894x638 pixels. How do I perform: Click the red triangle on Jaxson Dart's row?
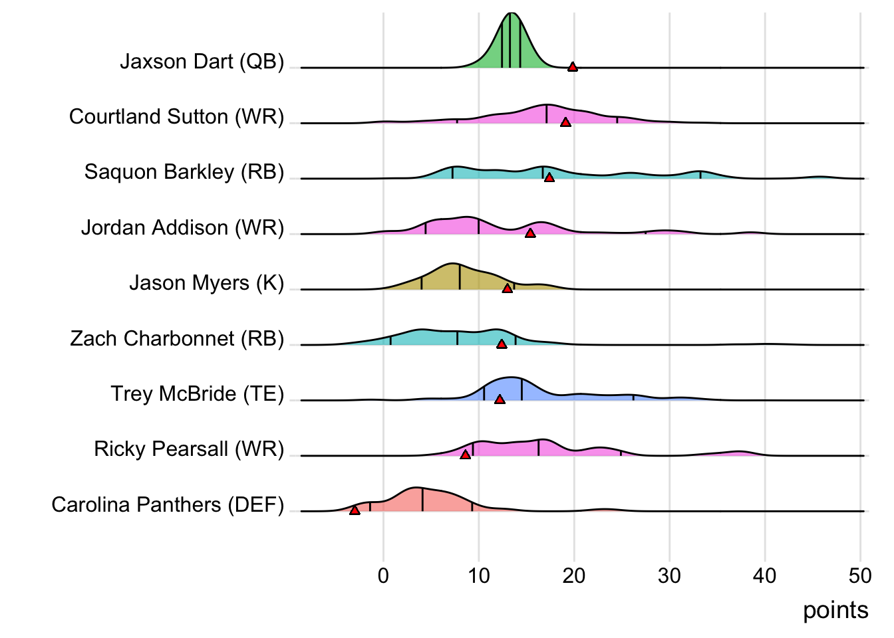[572, 66]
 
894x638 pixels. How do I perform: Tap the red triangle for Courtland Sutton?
[565, 122]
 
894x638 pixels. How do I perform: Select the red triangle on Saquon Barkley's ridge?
[549, 177]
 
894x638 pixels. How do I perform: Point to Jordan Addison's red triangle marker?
[530, 233]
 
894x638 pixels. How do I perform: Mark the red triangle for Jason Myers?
[508, 288]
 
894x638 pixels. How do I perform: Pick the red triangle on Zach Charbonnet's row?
[502, 344]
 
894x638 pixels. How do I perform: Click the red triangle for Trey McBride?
[500, 399]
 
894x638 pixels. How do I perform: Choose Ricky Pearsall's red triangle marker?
[466, 455]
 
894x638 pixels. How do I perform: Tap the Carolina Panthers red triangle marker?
[355, 510]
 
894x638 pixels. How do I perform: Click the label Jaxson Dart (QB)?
[202, 62]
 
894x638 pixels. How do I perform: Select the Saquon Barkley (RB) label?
[184, 172]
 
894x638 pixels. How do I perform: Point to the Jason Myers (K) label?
[206, 283]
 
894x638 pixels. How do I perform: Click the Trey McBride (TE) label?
[197, 394]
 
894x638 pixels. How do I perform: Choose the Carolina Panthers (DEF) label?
[168, 505]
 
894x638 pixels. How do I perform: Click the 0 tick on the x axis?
[383, 576]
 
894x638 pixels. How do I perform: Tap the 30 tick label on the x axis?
[669, 576]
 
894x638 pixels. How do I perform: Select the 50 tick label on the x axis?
[860, 576]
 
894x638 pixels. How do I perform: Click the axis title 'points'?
[835, 610]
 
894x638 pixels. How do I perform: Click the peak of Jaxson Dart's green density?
[511, 15]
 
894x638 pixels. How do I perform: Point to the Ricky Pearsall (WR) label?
[189, 449]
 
